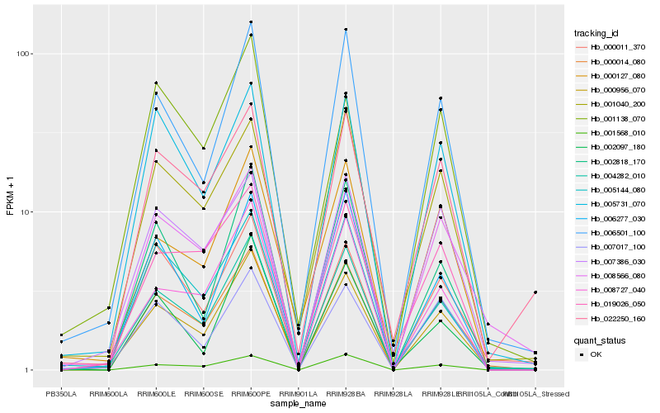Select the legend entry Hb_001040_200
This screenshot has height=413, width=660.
tap(615, 104)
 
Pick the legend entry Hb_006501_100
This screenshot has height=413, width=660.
tap(615, 232)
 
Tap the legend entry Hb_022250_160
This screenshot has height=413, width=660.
tap(615, 318)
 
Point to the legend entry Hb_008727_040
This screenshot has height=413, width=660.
tap(615, 289)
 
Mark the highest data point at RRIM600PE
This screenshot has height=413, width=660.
tap(251, 21)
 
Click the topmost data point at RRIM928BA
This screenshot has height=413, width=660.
tap(346, 30)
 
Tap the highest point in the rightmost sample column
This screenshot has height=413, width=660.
tap(535, 292)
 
